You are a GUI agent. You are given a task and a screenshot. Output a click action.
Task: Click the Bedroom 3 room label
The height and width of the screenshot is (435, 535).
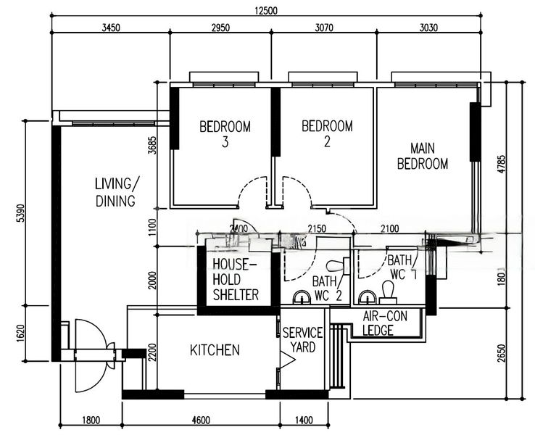tap(225, 134)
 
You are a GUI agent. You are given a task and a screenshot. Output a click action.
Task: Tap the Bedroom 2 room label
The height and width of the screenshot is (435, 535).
tap(327, 134)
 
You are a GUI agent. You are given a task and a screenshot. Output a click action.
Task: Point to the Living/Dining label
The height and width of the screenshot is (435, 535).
tap(115, 192)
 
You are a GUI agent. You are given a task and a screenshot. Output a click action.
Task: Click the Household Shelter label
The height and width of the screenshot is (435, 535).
tap(235, 279)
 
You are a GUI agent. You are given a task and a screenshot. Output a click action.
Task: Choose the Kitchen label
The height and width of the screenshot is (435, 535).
tap(215, 350)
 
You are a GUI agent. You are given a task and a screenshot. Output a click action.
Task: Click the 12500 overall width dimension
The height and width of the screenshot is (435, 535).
tap(268, 10)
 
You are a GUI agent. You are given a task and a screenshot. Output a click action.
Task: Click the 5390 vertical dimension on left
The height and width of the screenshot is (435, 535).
tap(20, 212)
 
